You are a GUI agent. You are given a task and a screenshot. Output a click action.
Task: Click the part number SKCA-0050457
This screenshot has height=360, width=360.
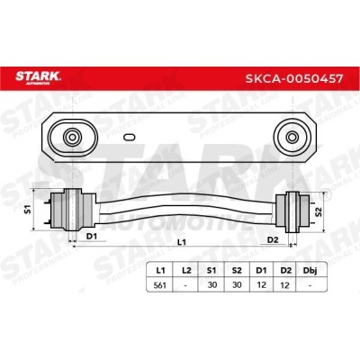click(x=294, y=78)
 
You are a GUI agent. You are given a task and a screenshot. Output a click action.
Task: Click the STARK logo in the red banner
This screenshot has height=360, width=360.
click(x=38, y=77)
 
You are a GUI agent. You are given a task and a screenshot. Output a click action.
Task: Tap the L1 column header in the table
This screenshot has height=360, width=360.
click(x=160, y=270)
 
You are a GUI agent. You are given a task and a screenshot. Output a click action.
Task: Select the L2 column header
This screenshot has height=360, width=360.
click(x=186, y=270)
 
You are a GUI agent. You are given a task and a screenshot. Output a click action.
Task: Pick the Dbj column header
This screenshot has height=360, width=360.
click(x=310, y=271)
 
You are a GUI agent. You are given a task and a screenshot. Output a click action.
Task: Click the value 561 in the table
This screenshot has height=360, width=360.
click(x=160, y=285)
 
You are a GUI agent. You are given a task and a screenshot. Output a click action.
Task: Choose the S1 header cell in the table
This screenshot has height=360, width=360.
click(x=211, y=270)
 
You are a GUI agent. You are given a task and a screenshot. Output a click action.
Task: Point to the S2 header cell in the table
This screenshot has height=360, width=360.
click(x=237, y=270)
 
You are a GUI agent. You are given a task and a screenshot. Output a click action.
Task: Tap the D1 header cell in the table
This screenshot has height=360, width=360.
click(x=261, y=270)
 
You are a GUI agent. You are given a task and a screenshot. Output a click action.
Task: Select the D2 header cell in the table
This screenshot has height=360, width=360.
click(x=286, y=270)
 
